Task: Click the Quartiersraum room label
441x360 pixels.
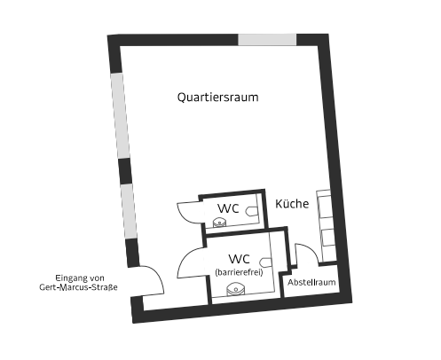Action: tap(217, 98)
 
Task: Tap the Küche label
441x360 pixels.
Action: tap(292, 204)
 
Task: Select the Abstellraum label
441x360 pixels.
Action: tap(311, 282)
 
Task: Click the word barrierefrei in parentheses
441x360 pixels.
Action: tap(239, 272)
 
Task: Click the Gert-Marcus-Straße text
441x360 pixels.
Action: tap(78, 287)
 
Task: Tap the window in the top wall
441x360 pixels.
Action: tap(267, 40)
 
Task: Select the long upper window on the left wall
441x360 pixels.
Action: tap(120, 115)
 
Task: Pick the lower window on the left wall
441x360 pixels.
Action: tap(129, 211)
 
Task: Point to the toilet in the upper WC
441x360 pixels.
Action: tap(250, 211)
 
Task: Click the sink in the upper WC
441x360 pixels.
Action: tap(219, 222)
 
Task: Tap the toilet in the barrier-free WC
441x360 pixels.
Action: tap(265, 262)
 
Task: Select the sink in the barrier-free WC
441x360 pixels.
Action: tap(235, 289)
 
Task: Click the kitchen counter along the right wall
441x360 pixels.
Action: tap(326, 226)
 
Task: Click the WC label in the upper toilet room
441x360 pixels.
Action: tap(228, 208)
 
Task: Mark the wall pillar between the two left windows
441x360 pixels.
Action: tap(125, 171)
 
